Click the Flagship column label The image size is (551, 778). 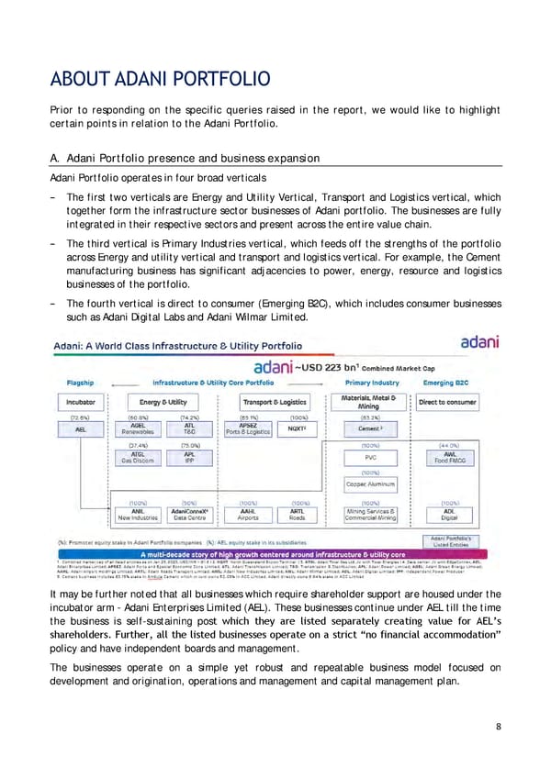coord(85,381)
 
